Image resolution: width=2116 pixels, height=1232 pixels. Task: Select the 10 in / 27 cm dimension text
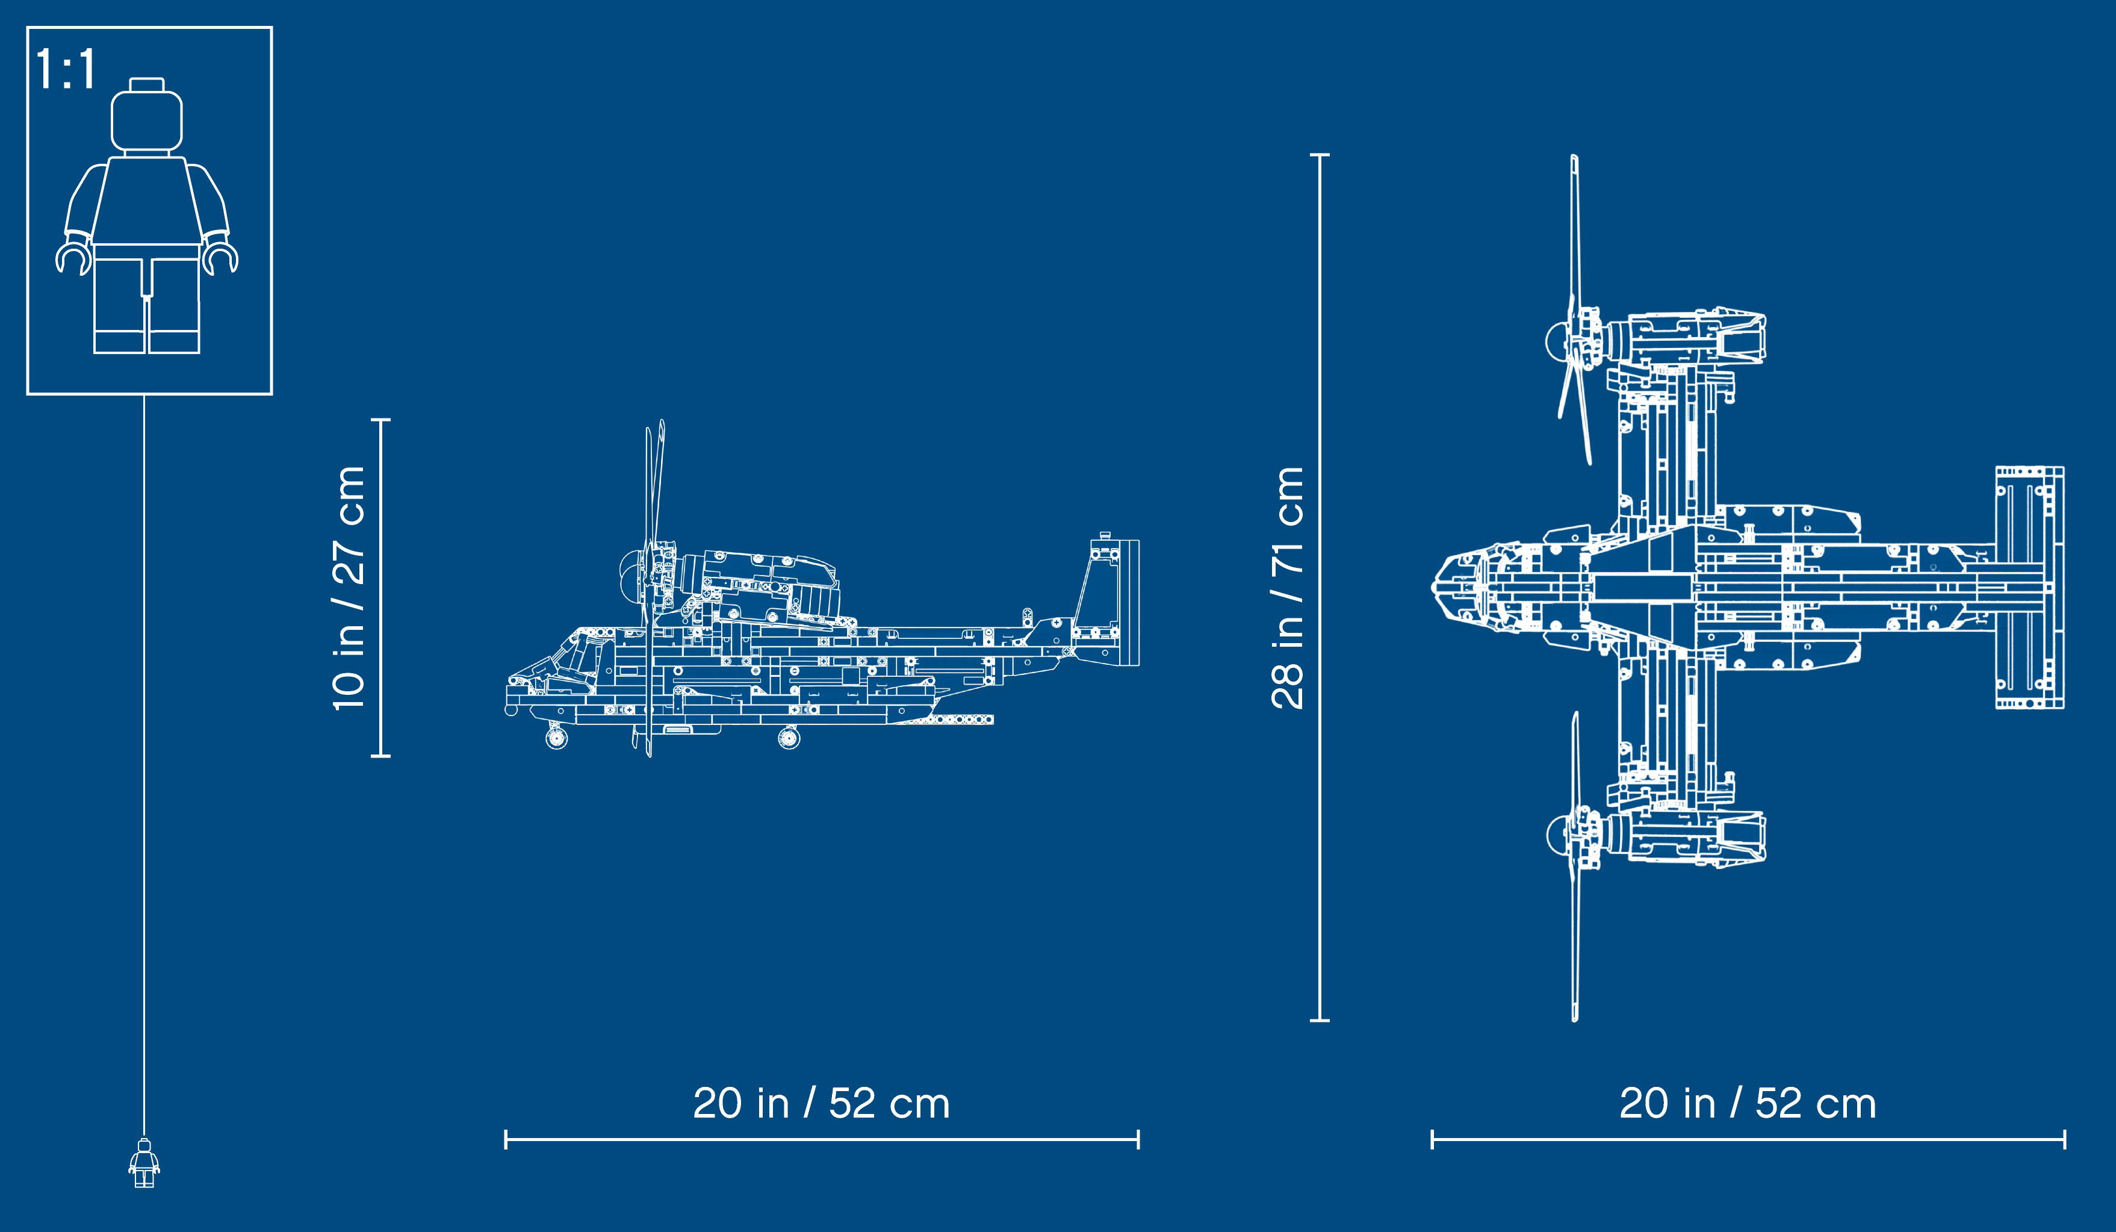(349, 588)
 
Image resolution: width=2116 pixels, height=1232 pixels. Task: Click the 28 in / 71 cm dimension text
(1287, 588)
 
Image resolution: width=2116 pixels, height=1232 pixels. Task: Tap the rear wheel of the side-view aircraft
(789, 738)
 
